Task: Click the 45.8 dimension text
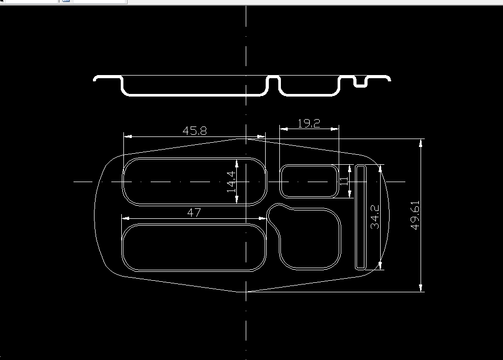tap(195, 131)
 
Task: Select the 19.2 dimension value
tap(308, 124)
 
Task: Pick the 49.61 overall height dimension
tap(415, 215)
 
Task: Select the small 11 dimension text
tap(344, 182)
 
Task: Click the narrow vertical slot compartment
tap(361, 216)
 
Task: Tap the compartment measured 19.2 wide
tap(309, 182)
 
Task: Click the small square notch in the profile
tap(361, 83)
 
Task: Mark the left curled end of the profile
tap(96, 79)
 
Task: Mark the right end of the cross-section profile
tap(389, 78)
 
